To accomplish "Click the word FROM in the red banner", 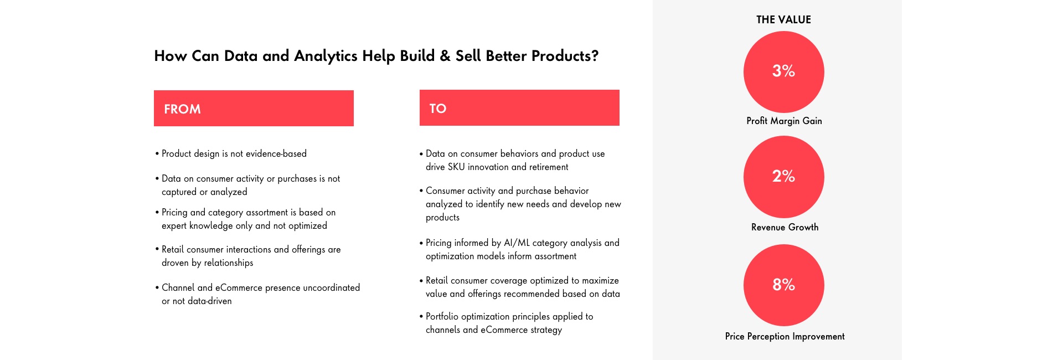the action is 182,109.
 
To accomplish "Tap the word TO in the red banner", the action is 438,109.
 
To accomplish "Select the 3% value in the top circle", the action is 783,71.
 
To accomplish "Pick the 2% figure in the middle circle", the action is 783,176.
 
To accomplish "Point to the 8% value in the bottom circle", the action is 783,285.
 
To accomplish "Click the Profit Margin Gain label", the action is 784,121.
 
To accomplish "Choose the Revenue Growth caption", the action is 785,227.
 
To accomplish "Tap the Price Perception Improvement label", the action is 785,336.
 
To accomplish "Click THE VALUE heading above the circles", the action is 783,19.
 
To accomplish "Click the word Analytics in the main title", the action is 326,56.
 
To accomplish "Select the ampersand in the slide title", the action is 445,56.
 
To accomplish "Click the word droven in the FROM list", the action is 175,263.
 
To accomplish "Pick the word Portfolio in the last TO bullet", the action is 442,316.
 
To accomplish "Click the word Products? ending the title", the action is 565,56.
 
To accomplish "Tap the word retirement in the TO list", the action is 548,167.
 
